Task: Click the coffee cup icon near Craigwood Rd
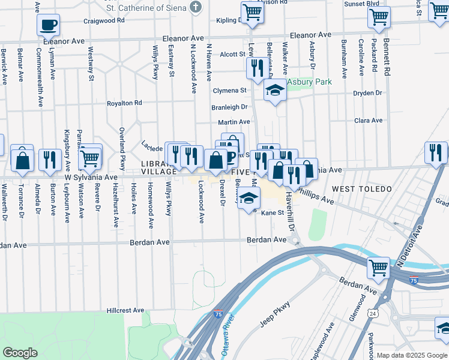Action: [x=48, y=25]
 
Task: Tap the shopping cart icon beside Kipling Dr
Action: [x=253, y=12]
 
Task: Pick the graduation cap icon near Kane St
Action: [x=247, y=198]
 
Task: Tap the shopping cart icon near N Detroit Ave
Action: [x=378, y=268]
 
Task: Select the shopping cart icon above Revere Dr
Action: [x=91, y=157]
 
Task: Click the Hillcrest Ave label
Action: [x=125, y=311]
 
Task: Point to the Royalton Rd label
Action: [x=124, y=103]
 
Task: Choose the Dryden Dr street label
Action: [x=368, y=93]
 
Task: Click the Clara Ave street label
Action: [x=369, y=121]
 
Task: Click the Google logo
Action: [x=20, y=353]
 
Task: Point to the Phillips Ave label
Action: [x=316, y=196]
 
